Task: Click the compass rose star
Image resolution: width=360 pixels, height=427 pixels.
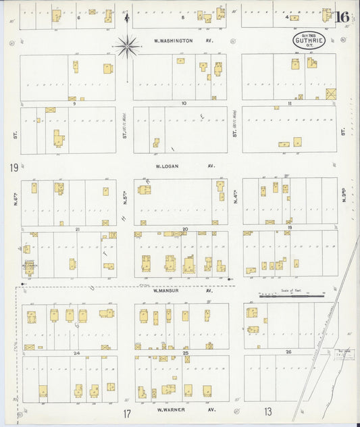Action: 127,46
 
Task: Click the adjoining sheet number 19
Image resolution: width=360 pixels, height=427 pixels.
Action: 13,168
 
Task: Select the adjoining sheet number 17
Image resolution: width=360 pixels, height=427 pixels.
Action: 126,413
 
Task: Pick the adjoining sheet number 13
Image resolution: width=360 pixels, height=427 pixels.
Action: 267,411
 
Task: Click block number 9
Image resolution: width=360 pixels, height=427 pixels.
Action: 72,104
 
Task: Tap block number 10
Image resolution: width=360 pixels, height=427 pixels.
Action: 183,104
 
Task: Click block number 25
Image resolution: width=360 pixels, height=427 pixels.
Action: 184,353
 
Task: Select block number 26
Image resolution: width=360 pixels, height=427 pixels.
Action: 288,352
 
